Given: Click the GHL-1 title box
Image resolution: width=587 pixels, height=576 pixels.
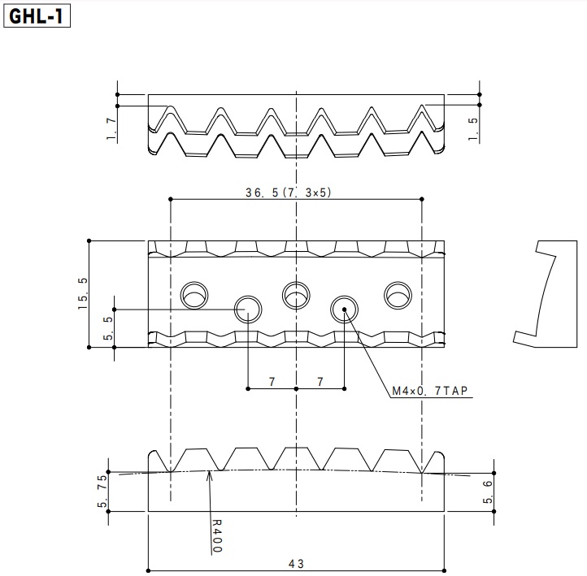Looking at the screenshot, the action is pyautogui.click(x=37, y=16).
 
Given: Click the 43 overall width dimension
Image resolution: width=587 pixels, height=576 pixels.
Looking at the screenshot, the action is pyautogui.click(x=296, y=564).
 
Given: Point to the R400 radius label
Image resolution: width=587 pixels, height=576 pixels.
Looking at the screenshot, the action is pyautogui.click(x=217, y=536).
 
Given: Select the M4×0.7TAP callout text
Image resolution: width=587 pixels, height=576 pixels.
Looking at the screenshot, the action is pyautogui.click(x=430, y=391).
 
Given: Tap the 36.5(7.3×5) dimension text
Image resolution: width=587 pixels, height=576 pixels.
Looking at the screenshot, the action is pyautogui.click(x=289, y=193).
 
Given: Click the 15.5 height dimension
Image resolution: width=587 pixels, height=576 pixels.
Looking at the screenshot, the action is pyautogui.click(x=82, y=293).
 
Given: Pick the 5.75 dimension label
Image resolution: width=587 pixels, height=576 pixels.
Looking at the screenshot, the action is pyautogui.click(x=102, y=491).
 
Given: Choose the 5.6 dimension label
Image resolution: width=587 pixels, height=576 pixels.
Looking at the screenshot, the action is pyautogui.click(x=488, y=492).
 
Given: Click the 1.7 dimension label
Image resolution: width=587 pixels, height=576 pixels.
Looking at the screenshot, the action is pyautogui.click(x=111, y=128).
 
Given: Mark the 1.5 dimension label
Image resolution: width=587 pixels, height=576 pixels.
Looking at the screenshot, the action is pyautogui.click(x=473, y=129).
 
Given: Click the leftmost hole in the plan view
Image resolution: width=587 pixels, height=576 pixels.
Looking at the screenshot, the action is pyautogui.click(x=194, y=295).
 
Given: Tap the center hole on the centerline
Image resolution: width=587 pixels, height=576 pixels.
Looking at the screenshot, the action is pyautogui.click(x=296, y=295).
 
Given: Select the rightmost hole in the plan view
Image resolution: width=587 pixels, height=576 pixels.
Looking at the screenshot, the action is pyautogui.click(x=398, y=295).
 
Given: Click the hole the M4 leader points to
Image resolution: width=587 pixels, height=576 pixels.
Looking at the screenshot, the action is pyautogui.click(x=344, y=310).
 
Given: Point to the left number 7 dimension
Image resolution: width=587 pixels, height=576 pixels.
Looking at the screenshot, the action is pyautogui.click(x=272, y=382).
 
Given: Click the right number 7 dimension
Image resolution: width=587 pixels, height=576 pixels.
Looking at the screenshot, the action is pyautogui.click(x=320, y=382).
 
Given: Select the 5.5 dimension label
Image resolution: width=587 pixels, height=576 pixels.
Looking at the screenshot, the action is pyautogui.click(x=108, y=328).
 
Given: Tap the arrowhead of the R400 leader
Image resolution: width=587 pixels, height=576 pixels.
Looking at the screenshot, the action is pyautogui.click(x=209, y=472).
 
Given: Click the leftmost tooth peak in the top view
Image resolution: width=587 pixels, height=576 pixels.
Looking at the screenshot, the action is pyautogui.click(x=171, y=106).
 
